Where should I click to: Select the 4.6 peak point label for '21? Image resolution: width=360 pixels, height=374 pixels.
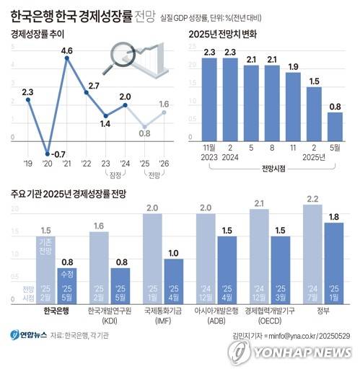click(67, 50)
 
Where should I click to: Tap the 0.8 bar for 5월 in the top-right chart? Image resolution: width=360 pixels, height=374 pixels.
click(335, 125)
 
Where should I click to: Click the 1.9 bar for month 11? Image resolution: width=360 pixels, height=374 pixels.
click(294, 107)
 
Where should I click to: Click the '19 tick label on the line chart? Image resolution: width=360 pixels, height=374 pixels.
click(27, 164)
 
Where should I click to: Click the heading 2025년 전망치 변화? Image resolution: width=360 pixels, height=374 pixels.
click(225, 34)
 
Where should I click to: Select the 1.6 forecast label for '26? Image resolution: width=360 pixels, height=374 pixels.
click(164, 104)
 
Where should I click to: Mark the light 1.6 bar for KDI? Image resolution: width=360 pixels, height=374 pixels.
click(99, 263)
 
